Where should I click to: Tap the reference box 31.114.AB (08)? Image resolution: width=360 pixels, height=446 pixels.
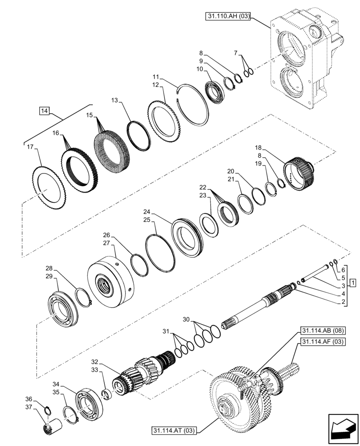pyautogui.click(x=320, y=331)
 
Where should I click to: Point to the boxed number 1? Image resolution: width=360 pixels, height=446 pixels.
pyautogui.click(x=352, y=283)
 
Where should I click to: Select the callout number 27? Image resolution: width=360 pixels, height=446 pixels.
pyautogui.click(x=106, y=243)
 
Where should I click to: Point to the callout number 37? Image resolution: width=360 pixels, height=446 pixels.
pyautogui.click(x=29, y=406)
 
